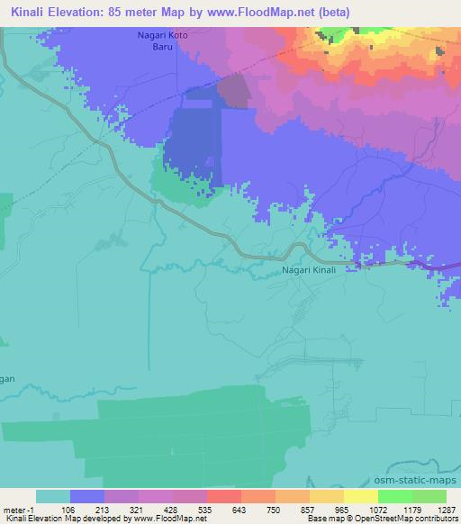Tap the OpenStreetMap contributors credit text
click(x=410, y=519)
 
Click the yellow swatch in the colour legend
click(x=361, y=496)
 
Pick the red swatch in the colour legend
click(x=224, y=496)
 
